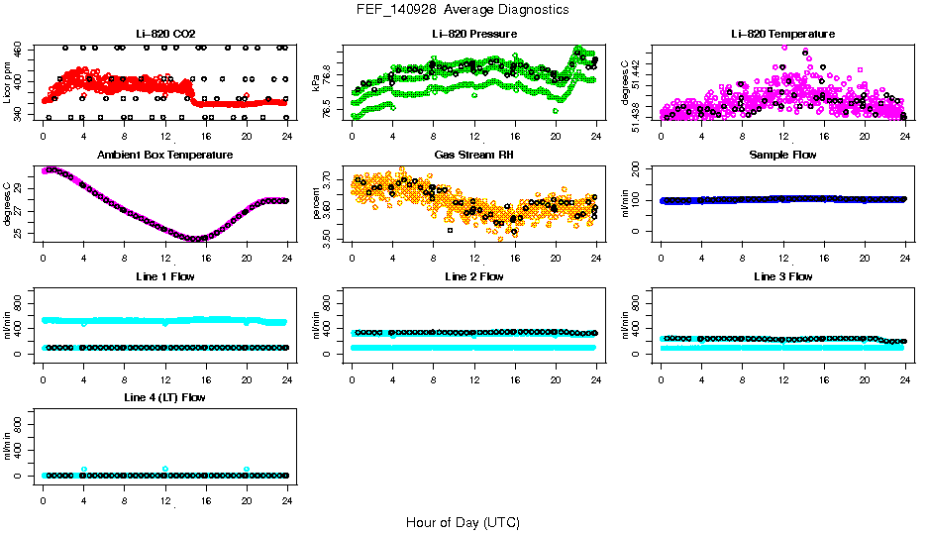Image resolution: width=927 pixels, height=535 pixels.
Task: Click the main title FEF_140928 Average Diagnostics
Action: click(x=463, y=9)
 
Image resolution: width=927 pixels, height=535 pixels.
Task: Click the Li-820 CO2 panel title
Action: click(x=164, y=34)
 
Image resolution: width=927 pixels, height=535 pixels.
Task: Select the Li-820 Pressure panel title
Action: click(x=473, y=34)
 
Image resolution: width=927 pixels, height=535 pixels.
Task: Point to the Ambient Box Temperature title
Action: click(x=164, y=156)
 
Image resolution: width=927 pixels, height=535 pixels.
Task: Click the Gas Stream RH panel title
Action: click(x=473, y=156)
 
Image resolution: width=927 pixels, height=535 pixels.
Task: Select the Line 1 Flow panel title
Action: click(x=164, y=276)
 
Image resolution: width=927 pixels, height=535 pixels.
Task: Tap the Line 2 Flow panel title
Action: click(x=473, y=276)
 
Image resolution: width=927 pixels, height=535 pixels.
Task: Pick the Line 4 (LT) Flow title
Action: click(x=164, y=397)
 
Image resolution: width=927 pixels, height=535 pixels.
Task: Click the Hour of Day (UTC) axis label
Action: click(x=463, y=521)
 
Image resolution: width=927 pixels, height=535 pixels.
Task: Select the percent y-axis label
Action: click(x=317, y=204)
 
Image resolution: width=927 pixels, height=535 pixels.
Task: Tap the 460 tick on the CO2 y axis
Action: click(x=20, y=49)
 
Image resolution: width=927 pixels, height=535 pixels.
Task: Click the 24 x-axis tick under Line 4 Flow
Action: click(x=287, y=490)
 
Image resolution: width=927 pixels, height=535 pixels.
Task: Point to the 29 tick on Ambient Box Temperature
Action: click(x=20, y=188)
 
